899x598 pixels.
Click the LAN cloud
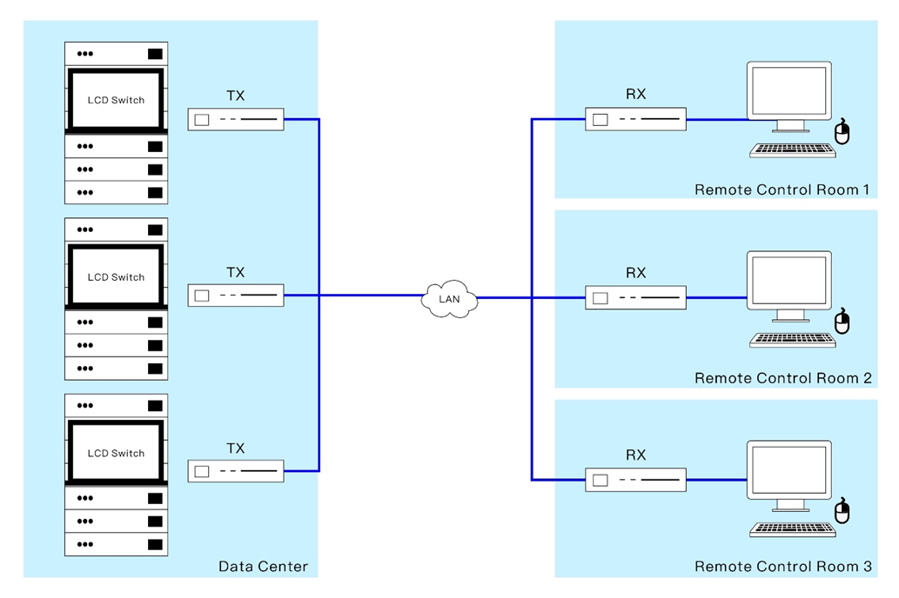[x=449, y=298]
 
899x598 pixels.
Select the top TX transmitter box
[x=236, y=120]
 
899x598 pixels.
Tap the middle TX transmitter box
[x=236, y=296]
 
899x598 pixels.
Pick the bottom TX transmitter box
[x=236, y=471]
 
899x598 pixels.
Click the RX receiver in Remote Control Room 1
[x=635, y=119]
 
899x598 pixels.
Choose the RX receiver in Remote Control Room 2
[x=635, y=298]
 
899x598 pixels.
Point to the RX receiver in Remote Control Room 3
[x=635, y=480]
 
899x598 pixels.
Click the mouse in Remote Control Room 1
[x=842, y=132]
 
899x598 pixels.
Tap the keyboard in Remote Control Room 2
[x=792, y=340]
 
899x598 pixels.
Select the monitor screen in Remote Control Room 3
[x=789, y=469]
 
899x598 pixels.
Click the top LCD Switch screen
[x=116, y=100]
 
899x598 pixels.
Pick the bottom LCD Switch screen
[x=116, y=453]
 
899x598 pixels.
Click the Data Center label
[x=263, y=567]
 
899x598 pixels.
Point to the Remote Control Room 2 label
[x=782, y=378]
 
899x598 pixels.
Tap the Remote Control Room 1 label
[x=782, y=189]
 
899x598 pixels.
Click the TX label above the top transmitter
[x=236, y=96]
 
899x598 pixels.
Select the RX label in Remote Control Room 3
[x=636, y=455]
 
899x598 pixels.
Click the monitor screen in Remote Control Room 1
[x=789, y=90]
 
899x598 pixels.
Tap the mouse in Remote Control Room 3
[x=842, y=510]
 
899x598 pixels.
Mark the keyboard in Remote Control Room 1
[x=792, y=150]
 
